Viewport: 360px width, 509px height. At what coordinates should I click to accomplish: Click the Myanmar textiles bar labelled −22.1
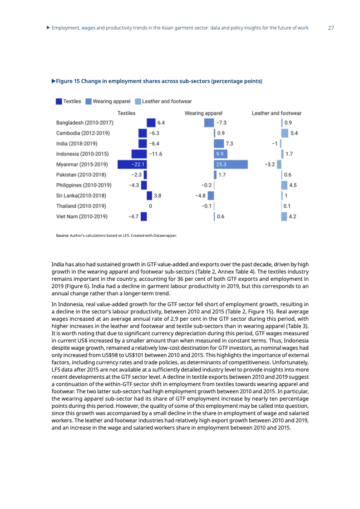click(x=132, y=164)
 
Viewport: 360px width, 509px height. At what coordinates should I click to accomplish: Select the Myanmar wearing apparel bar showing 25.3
click(x=231, y=164)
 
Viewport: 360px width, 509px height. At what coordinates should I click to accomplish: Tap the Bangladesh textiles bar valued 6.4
click(x=151, y=122)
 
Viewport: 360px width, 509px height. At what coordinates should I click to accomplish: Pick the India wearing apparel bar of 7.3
click(x=219, y=143)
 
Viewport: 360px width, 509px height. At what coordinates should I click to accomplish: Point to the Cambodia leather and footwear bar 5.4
click(x=285, y=133)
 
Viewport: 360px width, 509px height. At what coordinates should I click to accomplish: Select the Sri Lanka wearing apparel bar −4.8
click(x=211, y=196)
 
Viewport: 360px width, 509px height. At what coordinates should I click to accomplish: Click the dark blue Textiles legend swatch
click(x=59, y=102)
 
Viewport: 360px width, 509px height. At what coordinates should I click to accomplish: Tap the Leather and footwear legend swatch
click(x=138, y=102)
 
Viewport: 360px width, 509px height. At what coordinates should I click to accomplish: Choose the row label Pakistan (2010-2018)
click(x=81, y=175)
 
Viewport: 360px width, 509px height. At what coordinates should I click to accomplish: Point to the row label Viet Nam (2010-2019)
click(x=82, y=216)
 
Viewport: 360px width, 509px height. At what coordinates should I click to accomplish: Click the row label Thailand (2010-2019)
click(x=81, y=206)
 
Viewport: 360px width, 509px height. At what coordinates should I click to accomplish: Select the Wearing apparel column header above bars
click(x=203, y=113)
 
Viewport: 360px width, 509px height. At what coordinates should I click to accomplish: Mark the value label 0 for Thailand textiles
click(x=150, y=206)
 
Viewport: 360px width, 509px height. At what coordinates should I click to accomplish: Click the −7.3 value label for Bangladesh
click(x=222, y=122)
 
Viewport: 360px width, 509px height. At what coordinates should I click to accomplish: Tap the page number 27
click(x=331, y=28)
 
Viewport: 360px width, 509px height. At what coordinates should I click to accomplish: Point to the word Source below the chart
click(x=62, y=235)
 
